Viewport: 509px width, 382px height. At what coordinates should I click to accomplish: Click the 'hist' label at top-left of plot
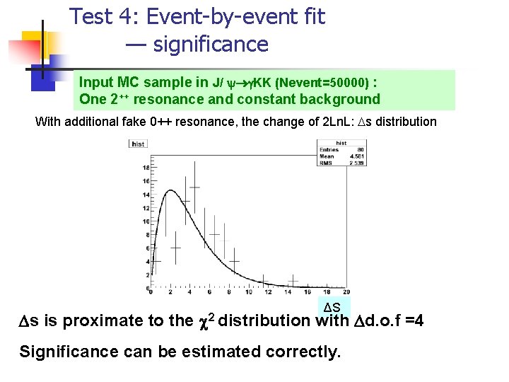coord(138,144)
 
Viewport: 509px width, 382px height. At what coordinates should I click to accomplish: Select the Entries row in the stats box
coord(332,149)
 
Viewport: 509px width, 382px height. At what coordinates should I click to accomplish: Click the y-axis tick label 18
coord(146,168)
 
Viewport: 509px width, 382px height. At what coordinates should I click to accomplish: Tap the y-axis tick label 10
coord(146,221)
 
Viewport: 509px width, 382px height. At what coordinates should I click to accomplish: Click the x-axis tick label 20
coord(345,291)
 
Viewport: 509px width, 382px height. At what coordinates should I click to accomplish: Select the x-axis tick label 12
coord(267,291)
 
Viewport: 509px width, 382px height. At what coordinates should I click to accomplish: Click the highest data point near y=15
coord(194,187)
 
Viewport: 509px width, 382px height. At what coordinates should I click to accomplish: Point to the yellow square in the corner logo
coord(34,44)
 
